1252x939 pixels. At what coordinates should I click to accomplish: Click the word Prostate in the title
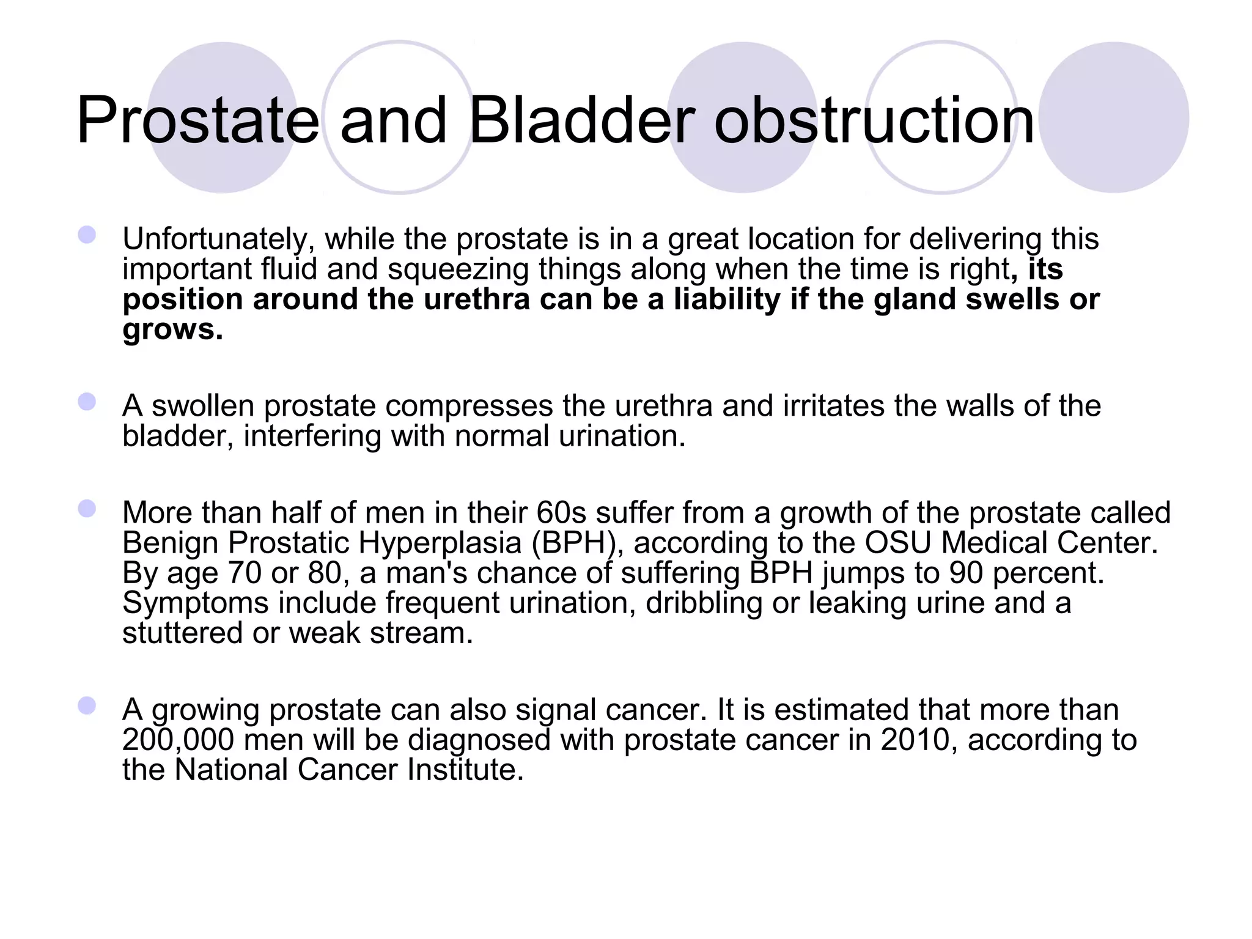[197, 120]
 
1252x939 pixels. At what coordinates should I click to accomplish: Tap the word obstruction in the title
[874, 120]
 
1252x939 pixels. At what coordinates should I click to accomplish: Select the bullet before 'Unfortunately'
[87, 235]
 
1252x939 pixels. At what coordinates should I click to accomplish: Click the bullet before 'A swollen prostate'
[87, 402]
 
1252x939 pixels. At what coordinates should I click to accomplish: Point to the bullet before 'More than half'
[87, 509]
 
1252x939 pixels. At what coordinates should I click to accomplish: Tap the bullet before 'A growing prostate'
[87, 705]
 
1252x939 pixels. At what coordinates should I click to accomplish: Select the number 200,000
[178, 740]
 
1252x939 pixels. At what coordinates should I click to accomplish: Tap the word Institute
[465, 770]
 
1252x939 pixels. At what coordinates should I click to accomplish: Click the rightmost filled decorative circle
[1114, 117]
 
